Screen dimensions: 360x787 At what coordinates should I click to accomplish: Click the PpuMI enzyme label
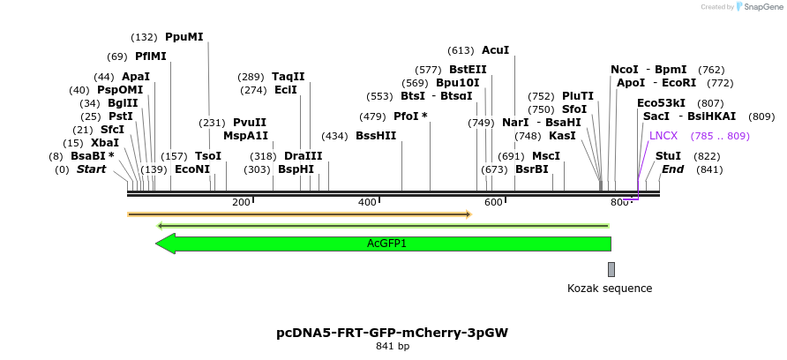[x=184, y=37]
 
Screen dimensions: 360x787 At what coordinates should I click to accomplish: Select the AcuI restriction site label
[x=495, y=50]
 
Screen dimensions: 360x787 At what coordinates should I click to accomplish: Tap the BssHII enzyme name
[x=376, y=136]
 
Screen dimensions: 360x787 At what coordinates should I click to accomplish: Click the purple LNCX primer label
[x=663, y=136]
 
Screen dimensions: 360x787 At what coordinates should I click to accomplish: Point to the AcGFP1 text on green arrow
[x=386, y=244]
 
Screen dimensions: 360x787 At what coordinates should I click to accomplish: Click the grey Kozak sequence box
[x=611, y=269]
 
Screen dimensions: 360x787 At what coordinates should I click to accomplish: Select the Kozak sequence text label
[x=610, y=289]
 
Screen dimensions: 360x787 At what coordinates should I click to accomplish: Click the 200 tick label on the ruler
[x=241, y=203]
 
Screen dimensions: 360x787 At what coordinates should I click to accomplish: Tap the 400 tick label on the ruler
[x=367, y=203]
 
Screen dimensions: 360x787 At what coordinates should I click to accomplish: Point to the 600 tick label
[x=493, y=203]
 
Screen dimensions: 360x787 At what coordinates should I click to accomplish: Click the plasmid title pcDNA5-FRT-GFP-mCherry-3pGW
[x=393, y=333]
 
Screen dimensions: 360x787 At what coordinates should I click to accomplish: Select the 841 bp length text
[x=393, y=347]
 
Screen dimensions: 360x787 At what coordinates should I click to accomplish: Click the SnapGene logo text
[x=761, y=7]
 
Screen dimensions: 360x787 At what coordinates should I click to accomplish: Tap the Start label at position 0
[x=91, y=169]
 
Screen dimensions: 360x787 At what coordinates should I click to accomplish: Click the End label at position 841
[x=672, y=169]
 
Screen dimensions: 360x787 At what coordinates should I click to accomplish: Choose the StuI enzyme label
[x=668, y=156]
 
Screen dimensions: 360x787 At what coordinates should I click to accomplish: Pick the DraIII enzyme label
[x=303, y=156]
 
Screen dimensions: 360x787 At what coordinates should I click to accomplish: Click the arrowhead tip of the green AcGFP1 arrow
[x=157, y=244]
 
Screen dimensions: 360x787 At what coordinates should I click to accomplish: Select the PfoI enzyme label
[x=410, y=116]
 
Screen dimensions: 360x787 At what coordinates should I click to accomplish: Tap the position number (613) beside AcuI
[x=461, y=50]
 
